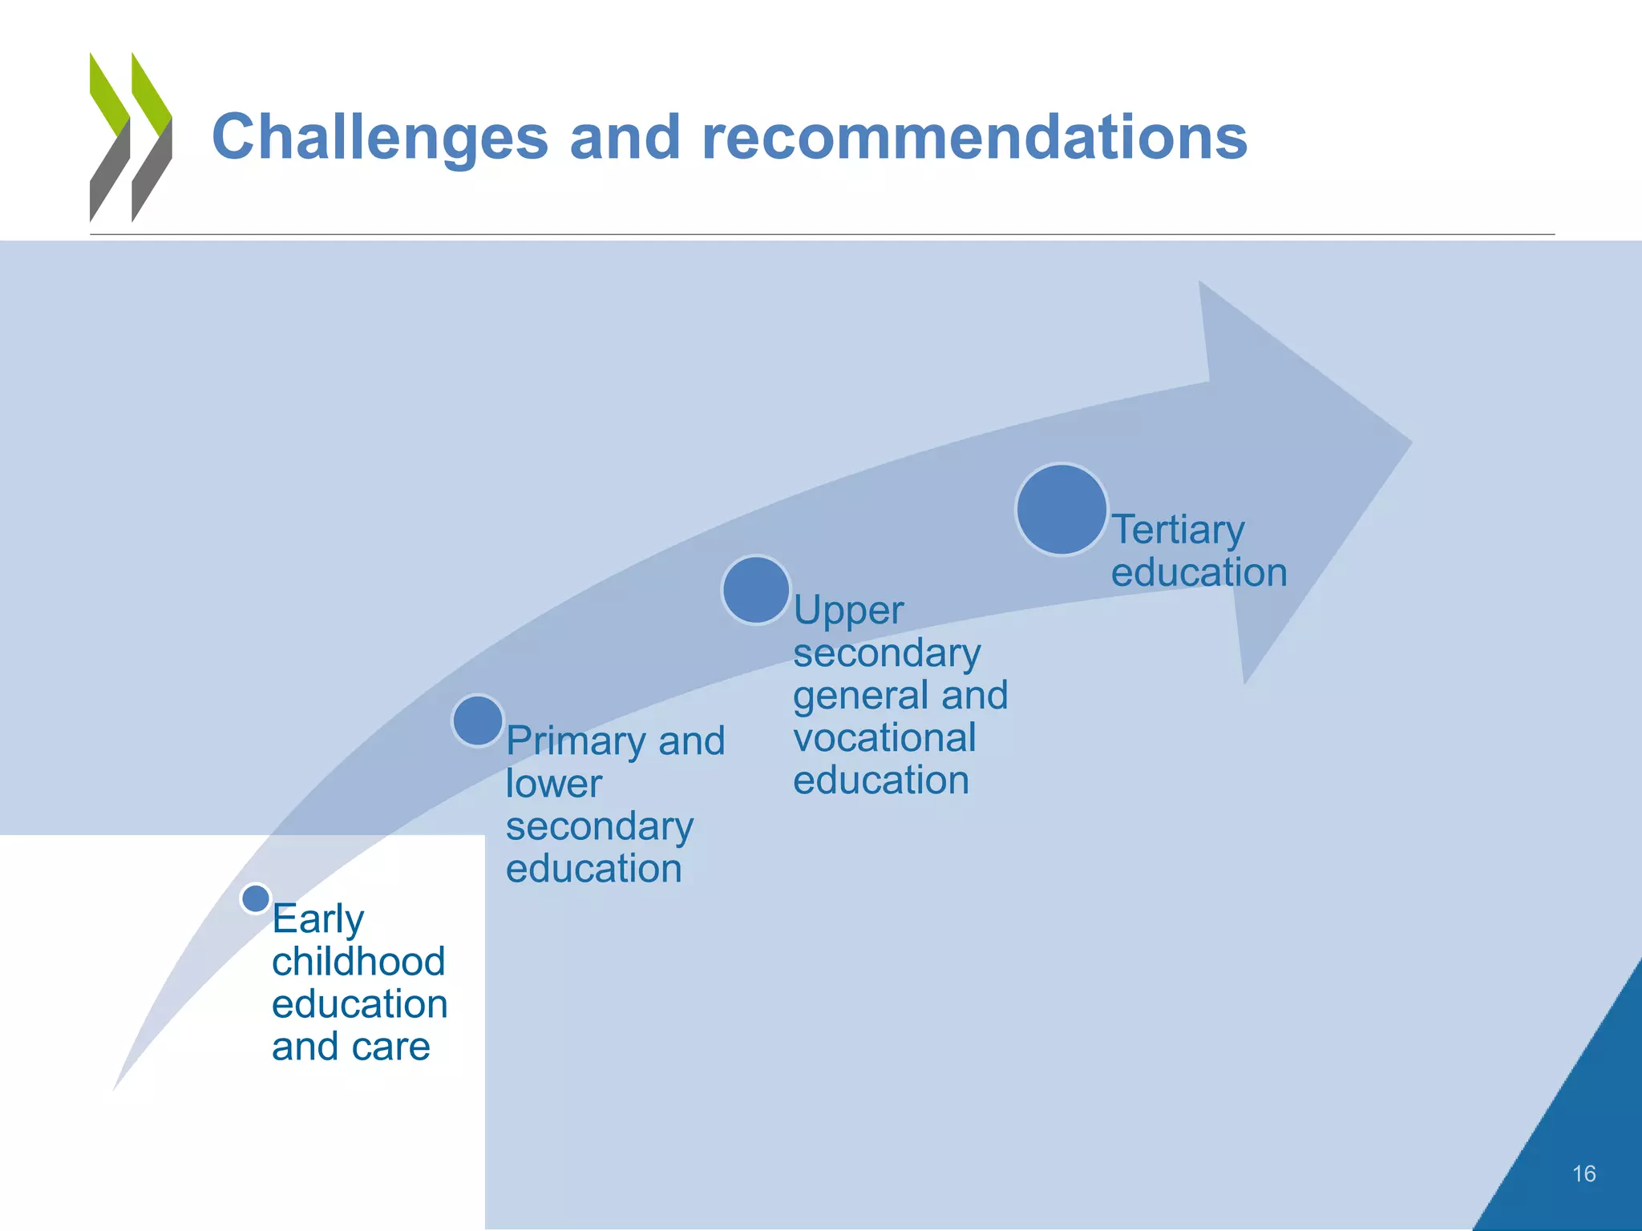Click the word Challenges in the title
point(380,138)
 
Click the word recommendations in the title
point(974,138)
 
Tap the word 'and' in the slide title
point(625,138)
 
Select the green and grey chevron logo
point(131,138)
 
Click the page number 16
point(1583,1174)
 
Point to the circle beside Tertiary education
point(1062,510)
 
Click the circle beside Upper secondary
point(756,591)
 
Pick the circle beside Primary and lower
point(478,720)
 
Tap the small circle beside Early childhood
point(256,898)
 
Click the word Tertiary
point(1178,530)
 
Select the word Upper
point(848,611)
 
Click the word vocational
point(884,738)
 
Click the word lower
point(553,784)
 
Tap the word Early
point(317,919)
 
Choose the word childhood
point(358,962)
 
